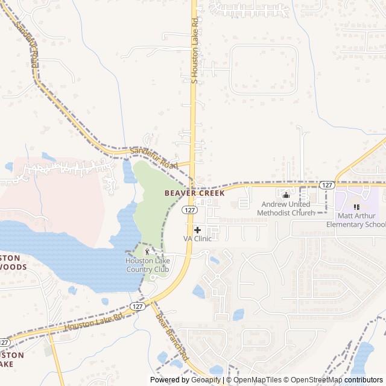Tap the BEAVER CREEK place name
pyautogui.click(x=194, y=194)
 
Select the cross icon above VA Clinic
pyautogui.click(x=197, y=230)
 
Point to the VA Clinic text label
pyautogui.click(x=198, y=239)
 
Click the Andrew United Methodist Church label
pyautogui.click(x=286, y=209)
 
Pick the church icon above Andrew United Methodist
pyautogui.click(x=286, y=195)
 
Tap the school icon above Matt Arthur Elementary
pyautogui.click(x=356, y=207)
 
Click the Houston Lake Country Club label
pyautogui.click(x=148, y=265)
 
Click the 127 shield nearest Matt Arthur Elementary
pyautogui.click(x=327, y=185)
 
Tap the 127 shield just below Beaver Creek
pyautogui.click(x=189, y=210)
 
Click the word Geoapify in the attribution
pyautogui.click(x=204, y=380)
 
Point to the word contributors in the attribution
pyautogui.click(x=364, y=380)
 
